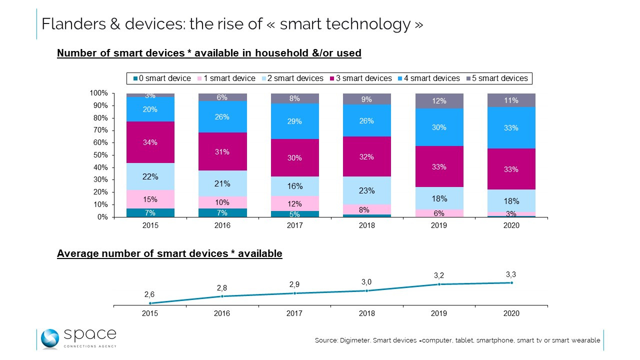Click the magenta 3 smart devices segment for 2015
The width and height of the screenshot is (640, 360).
pos(150,142)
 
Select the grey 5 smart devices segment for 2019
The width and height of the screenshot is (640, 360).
pos(439,101)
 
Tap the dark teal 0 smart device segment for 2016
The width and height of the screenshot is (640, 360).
pos(222,213)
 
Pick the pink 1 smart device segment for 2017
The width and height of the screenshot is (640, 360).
pos(294,203)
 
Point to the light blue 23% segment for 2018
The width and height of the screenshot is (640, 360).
pos(366,190)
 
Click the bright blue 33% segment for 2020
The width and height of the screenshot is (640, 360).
pos(511,128)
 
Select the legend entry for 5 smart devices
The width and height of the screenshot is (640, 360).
pos(498,78)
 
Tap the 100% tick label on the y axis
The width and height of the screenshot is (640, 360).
pos(98,93)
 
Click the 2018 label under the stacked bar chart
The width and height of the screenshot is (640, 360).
pos(366,225)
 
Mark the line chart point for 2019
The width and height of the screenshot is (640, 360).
pos(439,284)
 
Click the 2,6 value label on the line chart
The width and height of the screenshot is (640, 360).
pos(149,295)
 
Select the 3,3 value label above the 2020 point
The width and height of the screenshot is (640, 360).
pos(511,273)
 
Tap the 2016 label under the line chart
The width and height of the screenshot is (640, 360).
pos(222,313)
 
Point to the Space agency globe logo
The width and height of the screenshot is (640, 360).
pos(50,339)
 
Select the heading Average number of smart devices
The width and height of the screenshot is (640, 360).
pos(169,253)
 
